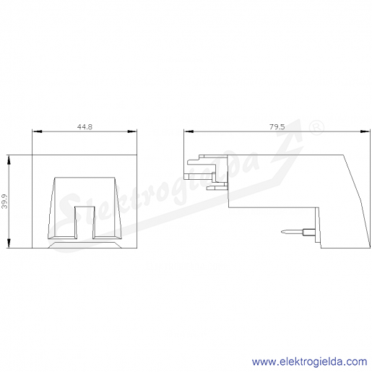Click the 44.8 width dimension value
coord(85,126)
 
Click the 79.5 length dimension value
coord(277,126)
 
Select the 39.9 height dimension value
coord(4,202)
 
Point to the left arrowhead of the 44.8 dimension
coord(37,131)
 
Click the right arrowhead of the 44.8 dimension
coord(132,131)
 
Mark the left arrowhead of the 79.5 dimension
coord(189,131)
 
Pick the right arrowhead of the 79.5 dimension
coord(365,131)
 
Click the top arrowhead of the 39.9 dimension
coord(9,160)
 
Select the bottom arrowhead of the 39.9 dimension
coord(9,243)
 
